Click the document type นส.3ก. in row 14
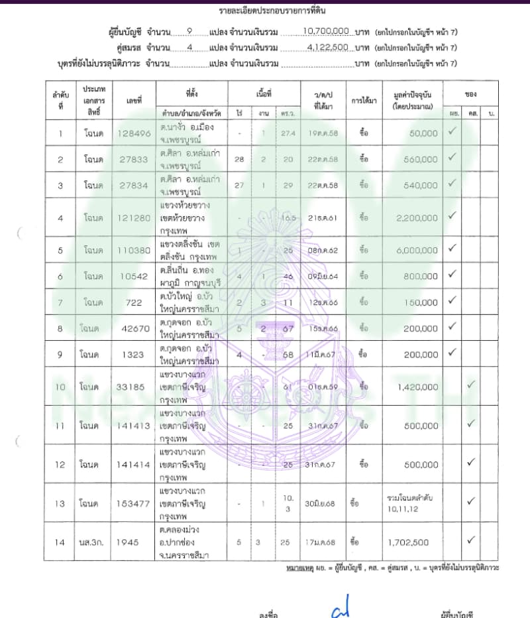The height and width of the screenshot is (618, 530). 88,542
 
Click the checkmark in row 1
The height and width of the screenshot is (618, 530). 452,132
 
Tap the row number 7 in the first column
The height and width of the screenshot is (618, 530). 60,302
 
